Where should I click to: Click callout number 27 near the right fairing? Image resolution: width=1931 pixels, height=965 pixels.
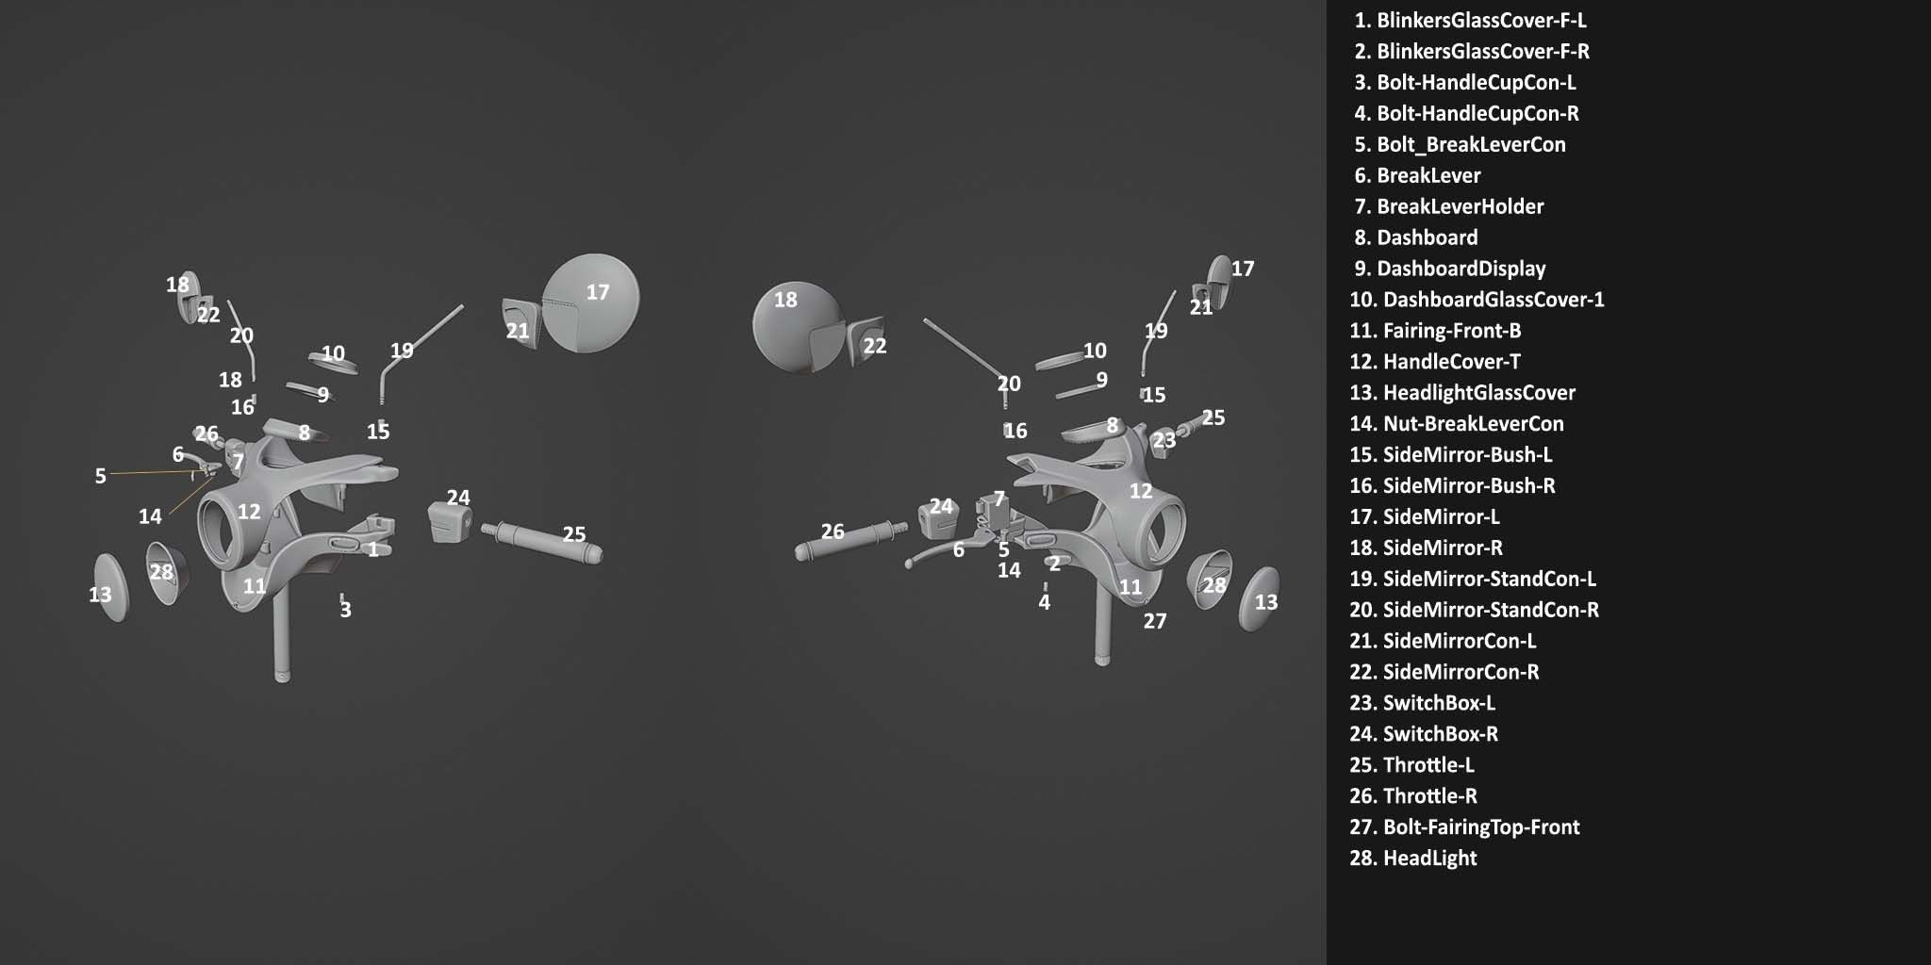(x=1155, y=621)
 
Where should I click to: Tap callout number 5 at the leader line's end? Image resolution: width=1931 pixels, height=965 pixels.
(x=100, y=476)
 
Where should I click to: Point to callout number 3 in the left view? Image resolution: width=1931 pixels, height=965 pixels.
(x=346, y=610)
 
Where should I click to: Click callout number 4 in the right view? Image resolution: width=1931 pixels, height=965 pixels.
(x=1044, y=602)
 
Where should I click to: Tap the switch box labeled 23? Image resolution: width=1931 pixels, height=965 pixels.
(x=1162, y=442)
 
